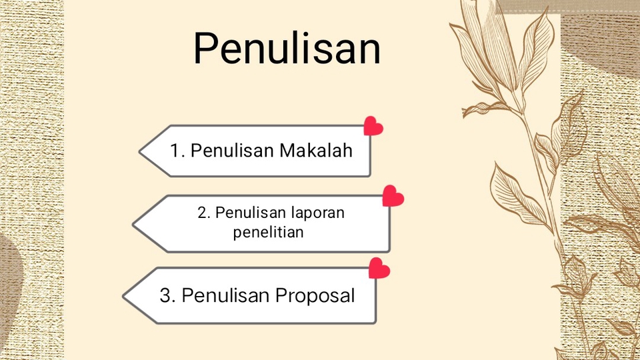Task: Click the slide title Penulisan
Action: point(287,48)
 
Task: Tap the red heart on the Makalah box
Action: point(373,126)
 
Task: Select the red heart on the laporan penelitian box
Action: point(393,196)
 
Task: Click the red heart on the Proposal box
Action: point(379,268)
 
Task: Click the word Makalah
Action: point(316,150)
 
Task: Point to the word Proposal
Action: point(315,296)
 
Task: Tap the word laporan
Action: point(317,213)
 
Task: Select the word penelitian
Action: point(268,232)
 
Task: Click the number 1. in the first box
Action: point(177,151)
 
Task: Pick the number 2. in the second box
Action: point(204,213)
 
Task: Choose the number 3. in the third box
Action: point(167,295)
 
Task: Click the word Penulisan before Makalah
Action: point(232,150)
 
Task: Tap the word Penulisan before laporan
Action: point(251,213)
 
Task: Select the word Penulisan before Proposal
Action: point(225,295)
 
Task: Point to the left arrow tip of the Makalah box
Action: point(139,151)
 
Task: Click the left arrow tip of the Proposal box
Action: point(123,296)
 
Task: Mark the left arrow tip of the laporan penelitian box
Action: point(133,224)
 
